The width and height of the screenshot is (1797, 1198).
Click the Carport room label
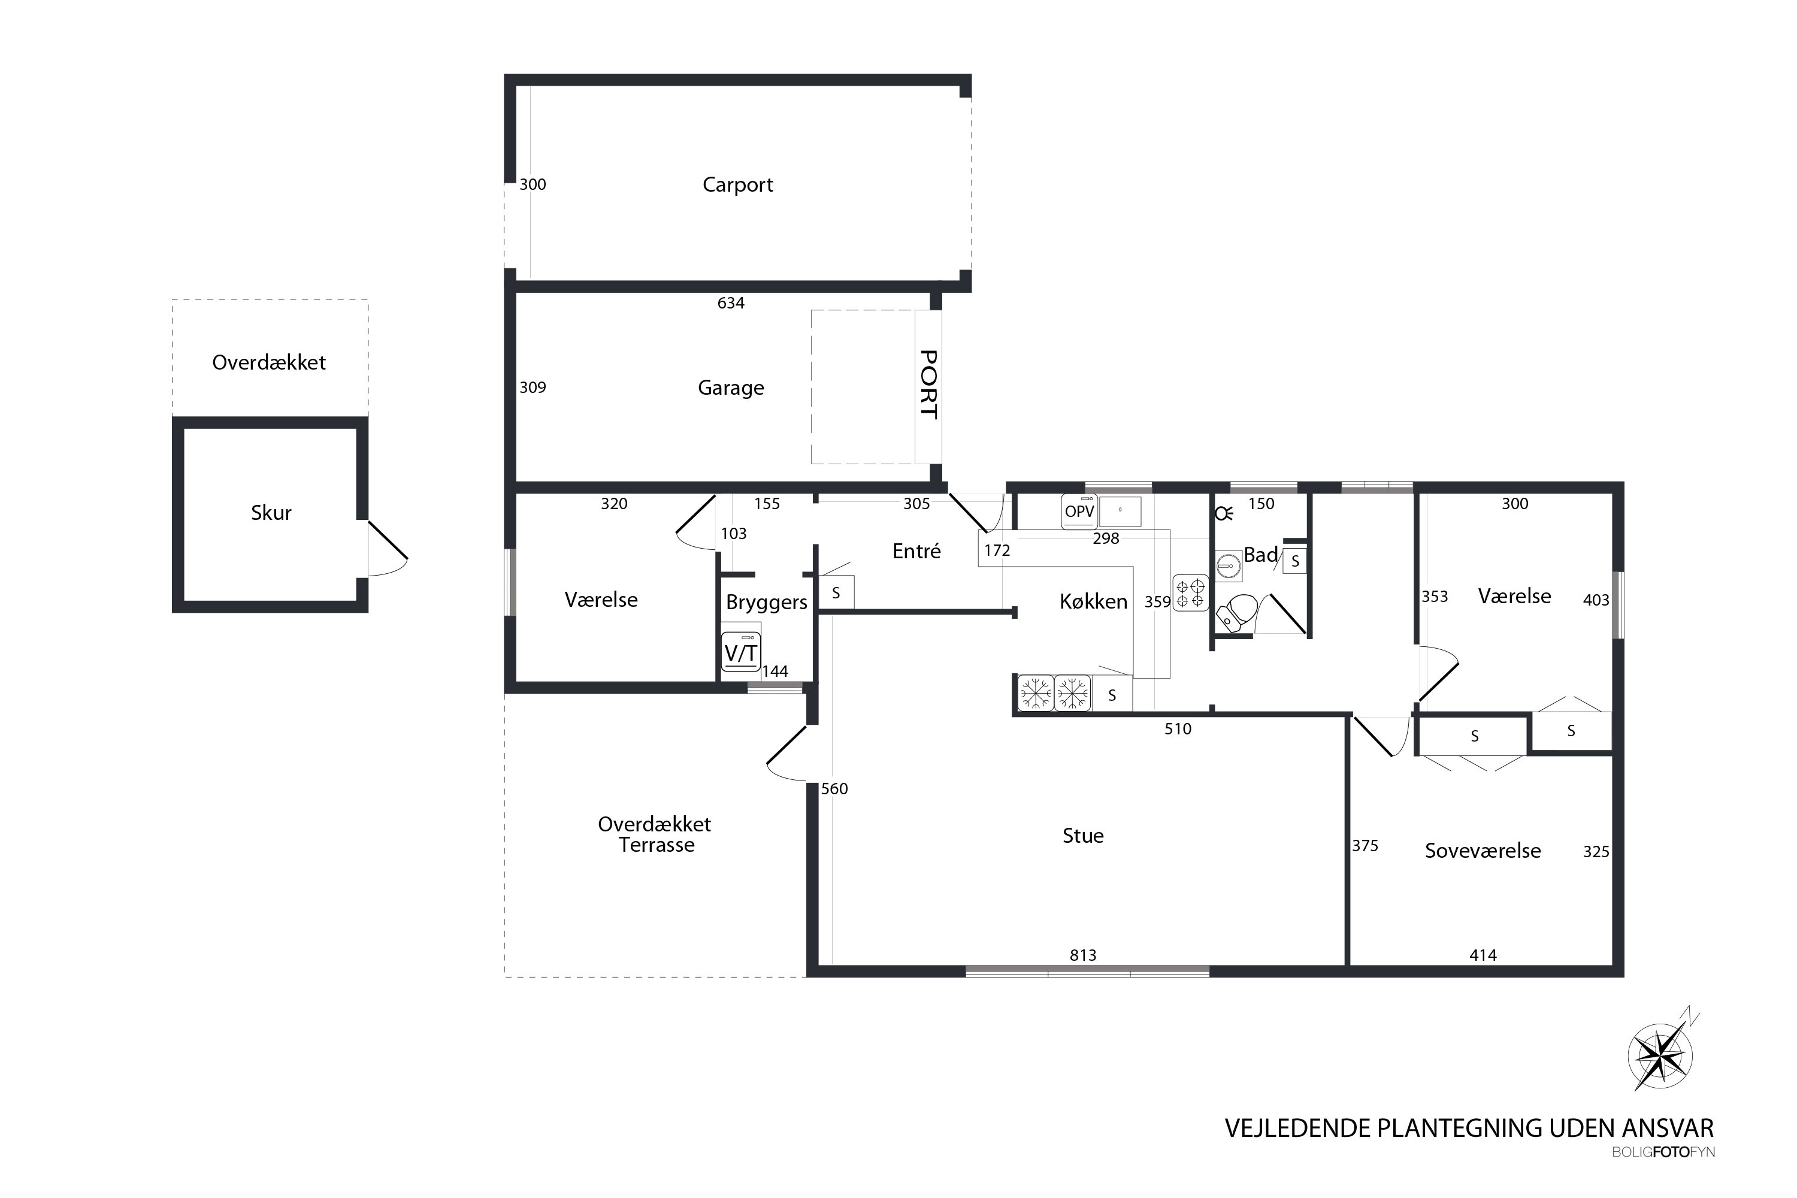[x=737, y=185]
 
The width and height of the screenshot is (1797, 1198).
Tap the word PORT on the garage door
[x=928, y=385]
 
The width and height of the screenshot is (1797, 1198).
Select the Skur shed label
[x=271, y=512]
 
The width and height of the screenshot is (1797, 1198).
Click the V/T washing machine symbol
[x=740, y=652]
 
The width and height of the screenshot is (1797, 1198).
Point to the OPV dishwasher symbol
[x=1079, y=511]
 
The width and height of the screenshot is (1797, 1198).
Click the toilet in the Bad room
[x=1237, y=612]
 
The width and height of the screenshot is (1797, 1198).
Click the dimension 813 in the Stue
[x=1082, y=955]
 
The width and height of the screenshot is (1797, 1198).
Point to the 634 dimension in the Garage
[x=730, y=303]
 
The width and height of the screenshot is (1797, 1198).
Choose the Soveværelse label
[x=1482, y=851]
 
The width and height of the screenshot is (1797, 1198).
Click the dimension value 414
[x=1483, y=955]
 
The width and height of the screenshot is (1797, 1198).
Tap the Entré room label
[x=916, y=551]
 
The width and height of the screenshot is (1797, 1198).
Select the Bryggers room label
[x=766, y=602]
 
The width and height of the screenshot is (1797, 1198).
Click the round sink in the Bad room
[x=1228, y=566]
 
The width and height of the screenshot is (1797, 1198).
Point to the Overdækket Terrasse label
[x=655, y=834]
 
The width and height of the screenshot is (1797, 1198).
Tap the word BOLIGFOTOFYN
[x=1663, y=1152]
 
